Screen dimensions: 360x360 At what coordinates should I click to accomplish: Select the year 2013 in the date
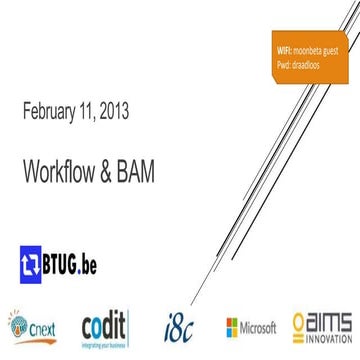[111, 109]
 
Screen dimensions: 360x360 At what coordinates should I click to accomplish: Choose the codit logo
[104, 327]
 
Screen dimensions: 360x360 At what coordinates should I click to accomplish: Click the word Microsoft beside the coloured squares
[261, 328]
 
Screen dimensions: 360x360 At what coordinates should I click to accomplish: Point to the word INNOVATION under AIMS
[329, 338]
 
